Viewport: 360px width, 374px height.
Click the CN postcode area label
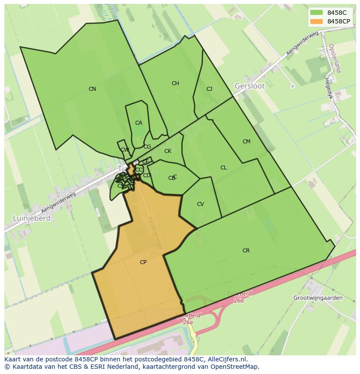click(x=92, y=89)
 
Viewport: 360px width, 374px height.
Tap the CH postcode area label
click(x=175, y=83)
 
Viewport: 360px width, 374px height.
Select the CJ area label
click(x=209, y=89)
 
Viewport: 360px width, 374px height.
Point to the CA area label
click(x=138, y=123)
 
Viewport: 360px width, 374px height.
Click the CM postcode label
click(x=247, y=142)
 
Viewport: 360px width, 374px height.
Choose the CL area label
click(x=223, y=168)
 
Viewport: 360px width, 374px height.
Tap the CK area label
click(x=168, y=151)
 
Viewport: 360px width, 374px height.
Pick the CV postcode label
click(x=200, y=204)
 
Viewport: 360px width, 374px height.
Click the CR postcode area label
click(x=246, y=251)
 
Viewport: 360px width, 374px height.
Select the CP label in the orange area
click(x=143, y=262)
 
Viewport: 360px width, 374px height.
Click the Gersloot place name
click(x=250, y=86)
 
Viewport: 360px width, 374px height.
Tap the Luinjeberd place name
click(x=31, y=218)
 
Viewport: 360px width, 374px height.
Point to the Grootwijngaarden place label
click(x=318, y=298)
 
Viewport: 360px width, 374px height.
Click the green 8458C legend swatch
click(x=317, y=13)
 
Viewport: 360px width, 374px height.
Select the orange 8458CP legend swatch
click(x=317, y=21)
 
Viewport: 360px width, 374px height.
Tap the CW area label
click(x=125, y=150)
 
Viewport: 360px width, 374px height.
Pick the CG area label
click(x=147, y=147)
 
